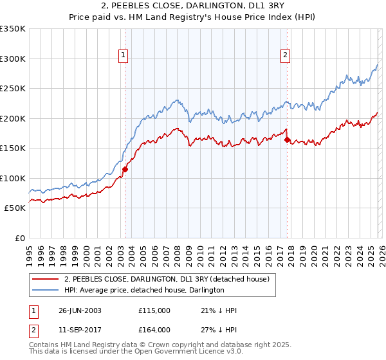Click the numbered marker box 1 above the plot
tap(123, 56)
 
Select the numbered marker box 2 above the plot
tap(284, 56)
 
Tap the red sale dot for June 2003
tap(125, 170)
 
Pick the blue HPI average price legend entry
tap(143, 291)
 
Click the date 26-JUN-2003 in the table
tap(80, 310)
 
